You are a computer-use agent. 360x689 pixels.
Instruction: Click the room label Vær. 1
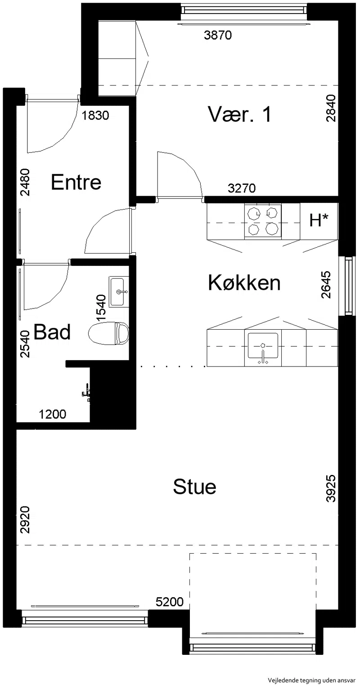[x=239, y=114]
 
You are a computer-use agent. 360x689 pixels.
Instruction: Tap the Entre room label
[x=76, y=182]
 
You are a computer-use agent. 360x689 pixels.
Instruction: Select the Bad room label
[x=52, y=332]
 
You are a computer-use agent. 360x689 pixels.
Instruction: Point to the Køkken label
[x=244, y=283]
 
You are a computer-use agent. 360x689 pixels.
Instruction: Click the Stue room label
[x=194, y=487]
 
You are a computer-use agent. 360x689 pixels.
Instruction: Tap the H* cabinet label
[x=319, y=220]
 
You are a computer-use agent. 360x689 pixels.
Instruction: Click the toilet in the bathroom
[x=108, y=333]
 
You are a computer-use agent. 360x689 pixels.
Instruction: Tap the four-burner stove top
[x=263, y=221]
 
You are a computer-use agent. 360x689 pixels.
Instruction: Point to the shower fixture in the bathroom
[x=86, y=392]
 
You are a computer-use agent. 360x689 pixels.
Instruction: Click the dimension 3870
[x=218, y=36]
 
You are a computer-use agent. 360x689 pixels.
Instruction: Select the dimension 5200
[x=170, y=602]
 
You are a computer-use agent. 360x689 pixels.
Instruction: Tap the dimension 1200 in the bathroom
[x=52, y=414]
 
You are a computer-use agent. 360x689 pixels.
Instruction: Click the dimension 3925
[x=331, y=489]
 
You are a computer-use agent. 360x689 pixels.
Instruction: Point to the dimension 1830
[x=95, y=115]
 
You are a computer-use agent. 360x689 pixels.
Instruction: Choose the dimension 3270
[x=242, y=188]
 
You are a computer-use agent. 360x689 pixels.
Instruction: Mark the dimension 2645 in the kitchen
[x=325, y=285]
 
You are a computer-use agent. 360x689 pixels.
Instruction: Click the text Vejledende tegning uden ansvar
[x=311, y=680]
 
